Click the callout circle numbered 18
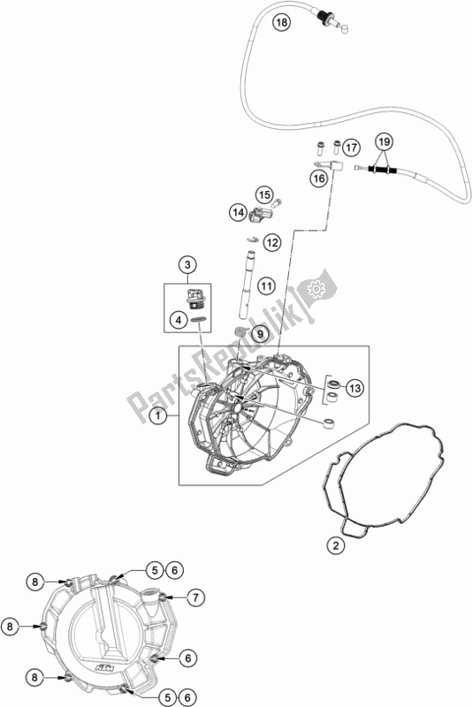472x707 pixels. click(x=281, y=22)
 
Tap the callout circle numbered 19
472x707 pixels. click(x=384, y=142)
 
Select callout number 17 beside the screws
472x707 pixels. click(x=352, y=147)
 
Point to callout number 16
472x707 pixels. click(x=319, y=179)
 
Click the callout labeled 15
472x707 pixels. click(x=264, y=194)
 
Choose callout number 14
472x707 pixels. click(x=238, y=212)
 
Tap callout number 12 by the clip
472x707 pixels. click(x=271, y=243)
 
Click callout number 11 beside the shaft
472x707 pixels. click(x=266, y=285)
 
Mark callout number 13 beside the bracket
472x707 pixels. click(x=355, y=388)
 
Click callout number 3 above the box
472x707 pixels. click(x=187, y=264)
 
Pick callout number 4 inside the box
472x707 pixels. click(x=179, y=321)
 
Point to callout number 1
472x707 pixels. click(x=158, y=415)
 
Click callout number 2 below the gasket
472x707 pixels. click(x=335, y=546)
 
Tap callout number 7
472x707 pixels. click(x=195, y=598)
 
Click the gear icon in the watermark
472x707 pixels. click(x=317, y=288)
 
